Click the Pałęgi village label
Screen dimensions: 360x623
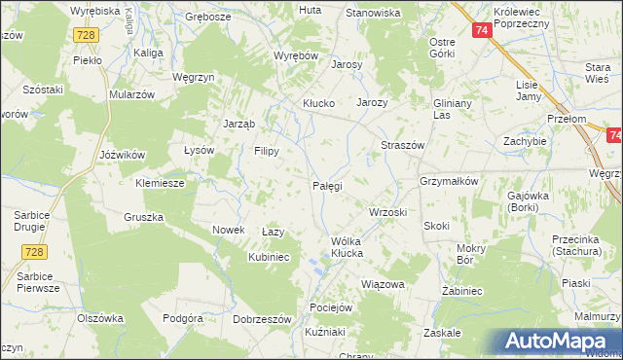[326, 185]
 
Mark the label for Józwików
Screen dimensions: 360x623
[123, 155]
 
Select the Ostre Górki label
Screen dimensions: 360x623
[443, 48]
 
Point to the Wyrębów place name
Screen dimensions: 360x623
[296, 56]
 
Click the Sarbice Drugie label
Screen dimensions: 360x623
[37, 220]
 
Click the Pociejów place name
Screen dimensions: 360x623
[330, 306]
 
